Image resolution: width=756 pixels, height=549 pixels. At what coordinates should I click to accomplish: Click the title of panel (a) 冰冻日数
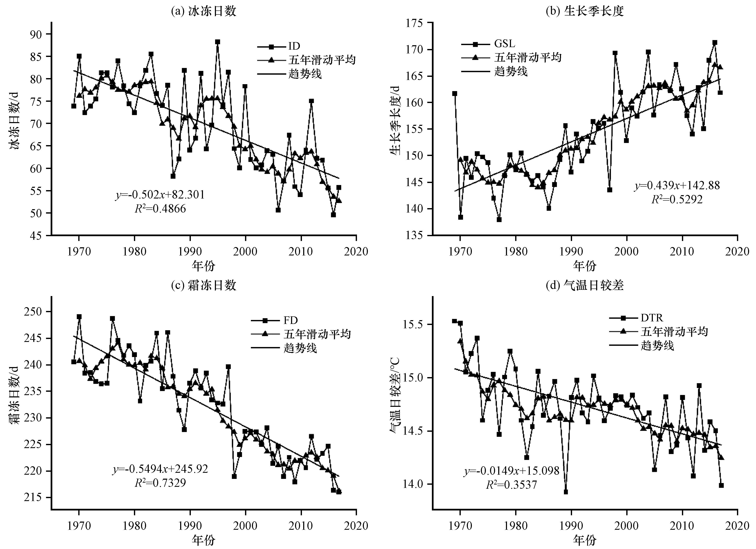[203, 11]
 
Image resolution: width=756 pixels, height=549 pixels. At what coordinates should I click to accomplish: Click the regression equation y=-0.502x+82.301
[160, 195]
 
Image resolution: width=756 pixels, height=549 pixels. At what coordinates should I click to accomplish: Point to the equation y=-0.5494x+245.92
[160, 469]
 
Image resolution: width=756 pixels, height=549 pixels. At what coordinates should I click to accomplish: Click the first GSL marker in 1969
[455, 94]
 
